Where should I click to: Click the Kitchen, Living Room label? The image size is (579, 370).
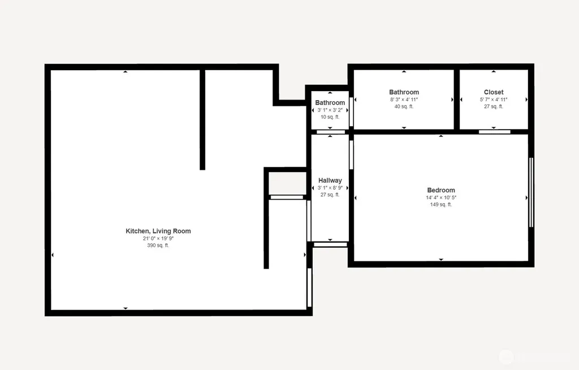point(158,231)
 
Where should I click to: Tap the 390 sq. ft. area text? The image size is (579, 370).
point(158,246)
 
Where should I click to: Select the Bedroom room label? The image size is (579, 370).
point(441,190)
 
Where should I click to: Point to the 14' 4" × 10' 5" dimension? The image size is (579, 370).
point(441,197)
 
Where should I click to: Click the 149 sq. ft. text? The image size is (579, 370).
point(441,204)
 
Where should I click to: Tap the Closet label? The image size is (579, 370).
point(494,92)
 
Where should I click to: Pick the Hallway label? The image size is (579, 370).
point(330,180)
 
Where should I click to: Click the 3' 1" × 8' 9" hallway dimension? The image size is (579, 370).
point(330,188)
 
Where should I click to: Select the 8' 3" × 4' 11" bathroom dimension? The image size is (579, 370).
point(404,100)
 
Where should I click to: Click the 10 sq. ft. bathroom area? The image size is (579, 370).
point(330,117)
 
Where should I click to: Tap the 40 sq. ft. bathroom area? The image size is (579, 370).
point(404,106)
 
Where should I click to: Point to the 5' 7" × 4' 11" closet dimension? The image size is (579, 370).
point(494,100)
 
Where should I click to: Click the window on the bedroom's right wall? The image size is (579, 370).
point(531,192)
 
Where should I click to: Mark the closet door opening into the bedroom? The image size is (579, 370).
point(494,132)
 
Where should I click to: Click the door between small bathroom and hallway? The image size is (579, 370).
point(331,132)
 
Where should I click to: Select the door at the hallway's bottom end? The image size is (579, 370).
point(330,245)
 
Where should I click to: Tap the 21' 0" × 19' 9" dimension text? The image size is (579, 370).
point(158,238)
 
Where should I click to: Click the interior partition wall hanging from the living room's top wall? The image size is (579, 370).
point(202,119)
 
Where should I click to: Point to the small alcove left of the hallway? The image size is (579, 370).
point(287,183)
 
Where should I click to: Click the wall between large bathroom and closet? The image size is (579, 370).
point(457,100)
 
